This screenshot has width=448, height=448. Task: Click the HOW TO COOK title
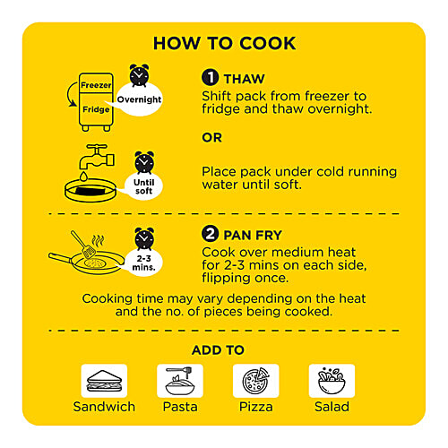click(224, 43)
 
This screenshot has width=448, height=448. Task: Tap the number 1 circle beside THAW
click(210, 77)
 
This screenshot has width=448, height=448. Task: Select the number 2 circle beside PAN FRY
click(210, 234)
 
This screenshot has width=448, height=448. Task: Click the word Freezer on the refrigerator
click(96, 85)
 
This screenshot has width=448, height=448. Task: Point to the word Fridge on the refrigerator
click(96, 109)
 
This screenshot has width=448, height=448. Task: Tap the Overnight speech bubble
click(139, 99)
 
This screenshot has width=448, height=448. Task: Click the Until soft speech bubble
click(143, 186)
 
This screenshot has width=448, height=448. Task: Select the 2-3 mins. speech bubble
click(143, 263)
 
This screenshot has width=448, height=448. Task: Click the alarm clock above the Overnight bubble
click(139, 74)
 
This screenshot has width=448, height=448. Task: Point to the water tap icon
click(96, 157)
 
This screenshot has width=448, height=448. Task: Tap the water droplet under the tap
click(83, 177)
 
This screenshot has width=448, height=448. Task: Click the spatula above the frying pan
click(83, 245)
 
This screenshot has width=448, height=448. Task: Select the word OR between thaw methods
click(211, 138)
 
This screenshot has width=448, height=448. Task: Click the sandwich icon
click(104, 381)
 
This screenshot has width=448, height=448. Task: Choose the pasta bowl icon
click(180, 381)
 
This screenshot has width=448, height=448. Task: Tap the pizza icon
click(256, 381)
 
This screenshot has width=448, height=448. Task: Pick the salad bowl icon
click(332, 381)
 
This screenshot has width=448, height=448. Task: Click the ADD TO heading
click(218, 350)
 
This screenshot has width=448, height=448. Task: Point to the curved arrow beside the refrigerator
click(71, 95)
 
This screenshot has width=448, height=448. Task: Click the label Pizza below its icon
click(256, 407)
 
